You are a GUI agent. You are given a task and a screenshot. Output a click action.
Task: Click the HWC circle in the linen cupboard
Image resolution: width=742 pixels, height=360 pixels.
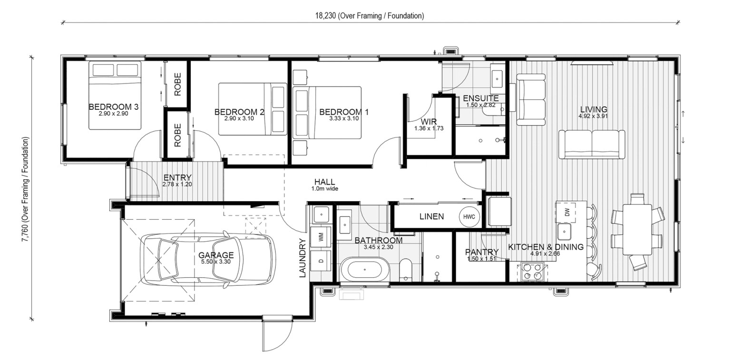(469, 217)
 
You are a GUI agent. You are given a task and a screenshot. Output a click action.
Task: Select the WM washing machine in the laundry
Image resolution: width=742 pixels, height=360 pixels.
(321, 237)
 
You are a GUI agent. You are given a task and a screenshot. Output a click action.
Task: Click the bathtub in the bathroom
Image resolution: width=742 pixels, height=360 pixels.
(364, 270)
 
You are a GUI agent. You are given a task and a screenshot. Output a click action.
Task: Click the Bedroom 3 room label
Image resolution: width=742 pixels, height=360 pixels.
(114, 107)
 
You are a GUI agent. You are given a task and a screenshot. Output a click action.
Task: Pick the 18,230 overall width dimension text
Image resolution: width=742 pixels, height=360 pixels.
(370, 16)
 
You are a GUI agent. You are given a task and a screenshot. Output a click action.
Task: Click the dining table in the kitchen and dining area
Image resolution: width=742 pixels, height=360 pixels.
(637, 229)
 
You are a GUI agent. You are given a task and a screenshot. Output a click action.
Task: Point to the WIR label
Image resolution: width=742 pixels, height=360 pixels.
(429, 122)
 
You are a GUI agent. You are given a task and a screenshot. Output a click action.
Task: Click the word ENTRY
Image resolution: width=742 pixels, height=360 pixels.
(177, 178)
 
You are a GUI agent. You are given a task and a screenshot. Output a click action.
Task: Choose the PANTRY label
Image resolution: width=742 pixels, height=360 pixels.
(482, 252)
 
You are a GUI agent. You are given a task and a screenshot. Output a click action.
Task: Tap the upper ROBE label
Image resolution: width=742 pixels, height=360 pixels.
(177, 85)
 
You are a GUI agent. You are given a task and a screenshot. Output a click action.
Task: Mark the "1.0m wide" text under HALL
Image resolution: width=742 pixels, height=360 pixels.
(324, 189)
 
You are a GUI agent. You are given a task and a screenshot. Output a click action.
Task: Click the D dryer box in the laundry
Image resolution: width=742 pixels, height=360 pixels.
(321, 261)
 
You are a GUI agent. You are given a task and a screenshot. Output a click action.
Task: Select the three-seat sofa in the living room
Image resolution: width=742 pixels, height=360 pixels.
(592, 145)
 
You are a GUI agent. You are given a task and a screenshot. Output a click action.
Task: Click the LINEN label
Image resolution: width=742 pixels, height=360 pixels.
(431, 216)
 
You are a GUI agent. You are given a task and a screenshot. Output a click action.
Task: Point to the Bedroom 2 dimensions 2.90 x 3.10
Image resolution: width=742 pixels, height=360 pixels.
(239, 118)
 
